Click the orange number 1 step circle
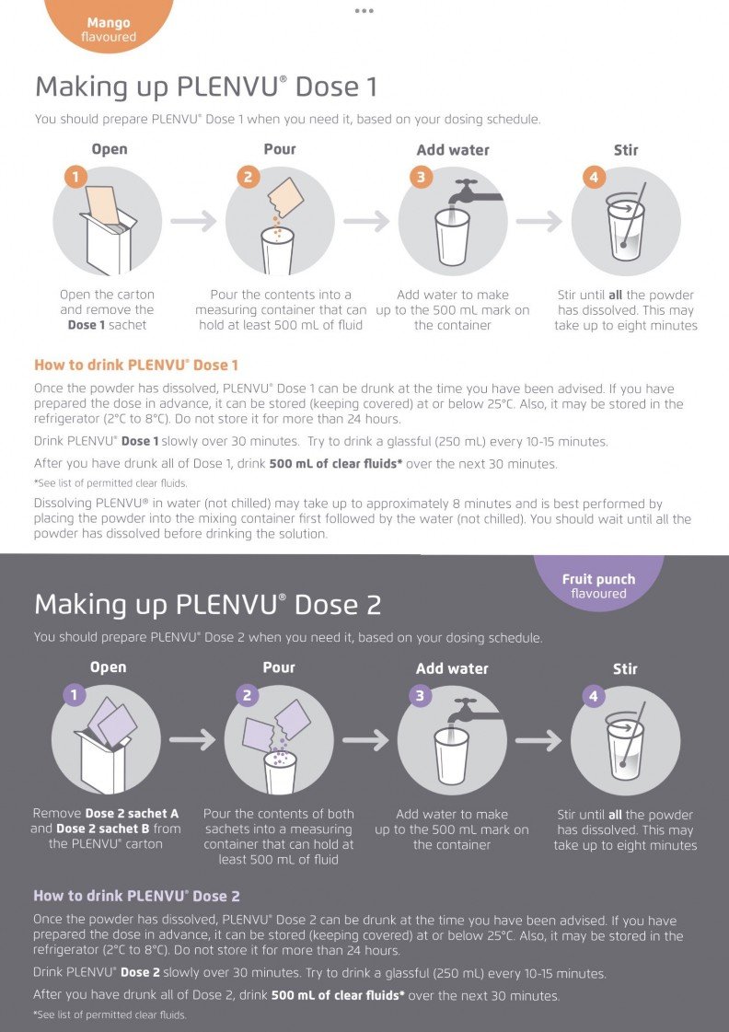[75, 177]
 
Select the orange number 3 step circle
[421, 177]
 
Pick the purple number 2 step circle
[248, 696]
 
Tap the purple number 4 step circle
[594, 696]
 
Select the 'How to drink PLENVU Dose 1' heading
[136, 365]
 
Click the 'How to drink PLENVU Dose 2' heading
[137, 896]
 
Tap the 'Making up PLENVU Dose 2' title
[208, 605]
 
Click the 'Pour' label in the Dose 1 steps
[280, 149]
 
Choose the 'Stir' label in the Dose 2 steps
[625, 668]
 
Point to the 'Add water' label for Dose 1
[453, 150]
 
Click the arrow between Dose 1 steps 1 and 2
[193, 221]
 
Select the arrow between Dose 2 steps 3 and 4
[538, 740]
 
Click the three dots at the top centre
[364, 10]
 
